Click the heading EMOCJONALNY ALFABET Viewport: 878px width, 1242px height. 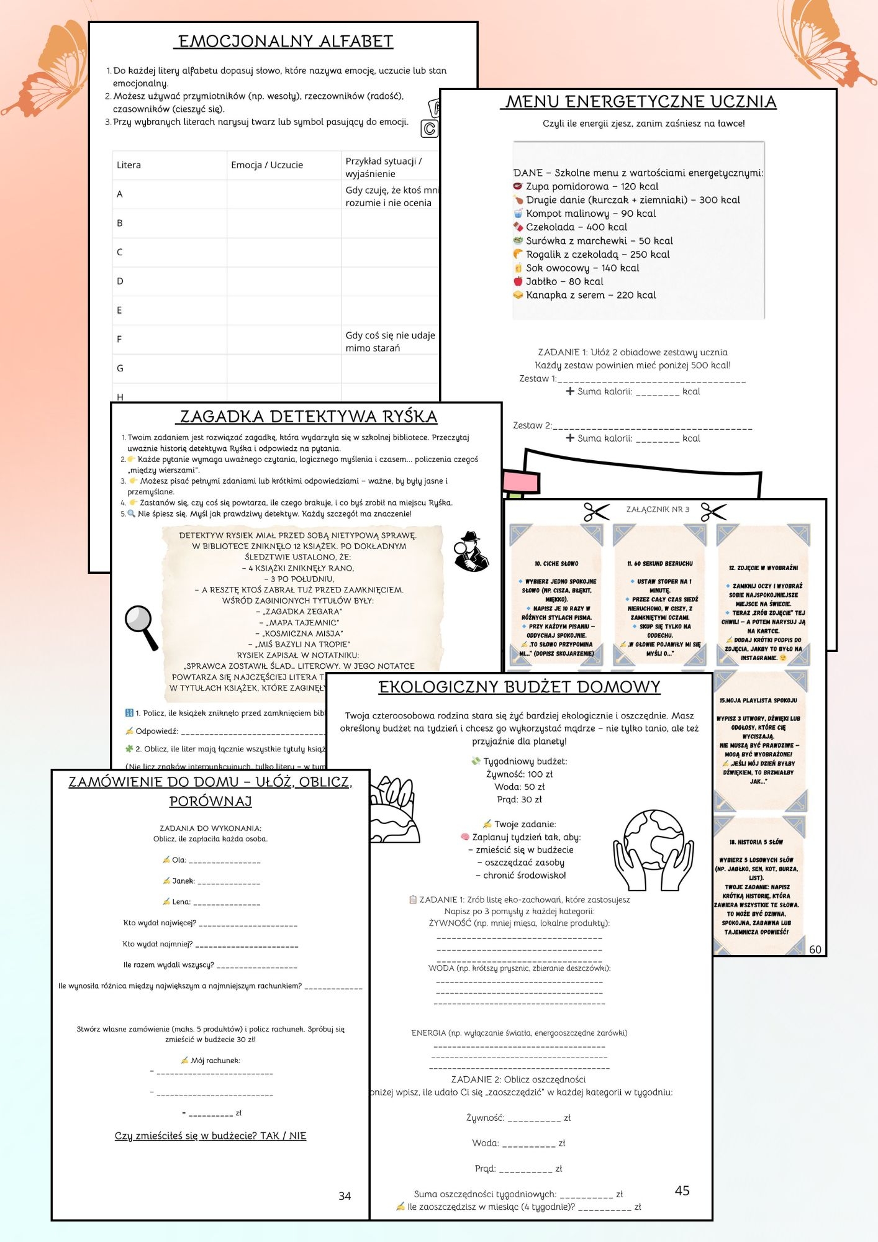tap(286, 42)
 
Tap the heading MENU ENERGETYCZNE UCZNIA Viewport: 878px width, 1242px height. tap(641, 102)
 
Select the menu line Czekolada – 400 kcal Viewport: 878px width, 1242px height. tap(576, 227)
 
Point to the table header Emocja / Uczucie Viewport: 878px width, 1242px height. tap(267, 165)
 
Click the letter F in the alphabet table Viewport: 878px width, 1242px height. tap(119, 340)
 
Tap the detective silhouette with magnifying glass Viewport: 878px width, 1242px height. tap(471, 551)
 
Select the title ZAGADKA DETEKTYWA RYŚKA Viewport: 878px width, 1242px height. tap(309, 417)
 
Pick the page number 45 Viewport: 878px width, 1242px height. tap(682, 1190)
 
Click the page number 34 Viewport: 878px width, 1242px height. tap(345, 1196)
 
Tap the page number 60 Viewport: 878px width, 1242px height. tap(815, 950)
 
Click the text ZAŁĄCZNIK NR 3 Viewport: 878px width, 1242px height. tap(658, 509)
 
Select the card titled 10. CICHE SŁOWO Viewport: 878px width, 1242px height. tap(557, 596)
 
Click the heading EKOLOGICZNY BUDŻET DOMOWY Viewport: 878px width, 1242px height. tap(519, 687)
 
